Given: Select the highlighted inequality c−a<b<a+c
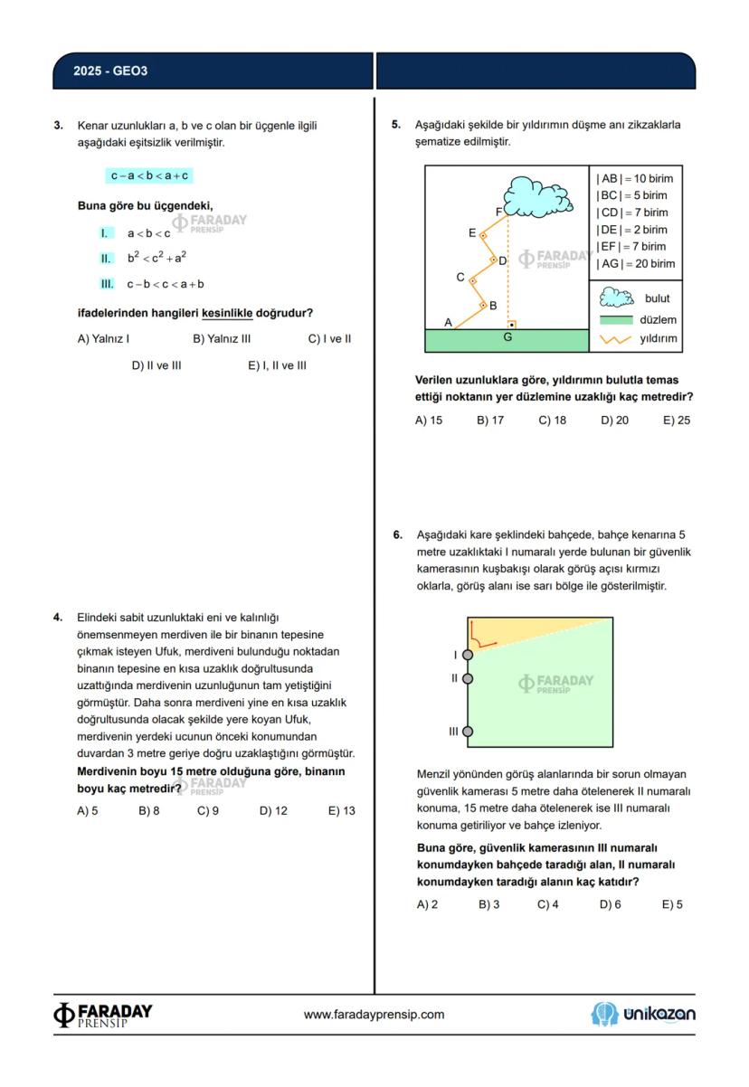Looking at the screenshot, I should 149,175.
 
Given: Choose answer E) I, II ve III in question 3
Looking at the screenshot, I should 277,365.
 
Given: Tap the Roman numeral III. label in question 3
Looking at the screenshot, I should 107,284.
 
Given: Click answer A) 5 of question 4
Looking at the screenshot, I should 88,811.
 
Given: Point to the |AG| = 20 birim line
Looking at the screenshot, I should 635,263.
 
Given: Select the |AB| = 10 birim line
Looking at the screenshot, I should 635,178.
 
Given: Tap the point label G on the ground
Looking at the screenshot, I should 507,337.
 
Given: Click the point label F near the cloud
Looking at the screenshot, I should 498,212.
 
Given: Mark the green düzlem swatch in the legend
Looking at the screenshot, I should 614,319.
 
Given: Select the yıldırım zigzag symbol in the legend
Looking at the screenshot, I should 614,340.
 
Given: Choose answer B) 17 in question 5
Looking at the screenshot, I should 489,421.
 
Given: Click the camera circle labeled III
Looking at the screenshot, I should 468,732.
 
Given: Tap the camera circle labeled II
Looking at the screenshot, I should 468,677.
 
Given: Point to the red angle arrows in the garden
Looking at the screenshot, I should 484,640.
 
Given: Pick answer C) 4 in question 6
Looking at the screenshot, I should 547,904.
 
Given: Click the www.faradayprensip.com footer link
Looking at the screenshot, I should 374,1015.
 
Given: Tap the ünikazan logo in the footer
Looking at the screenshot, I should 643,1015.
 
